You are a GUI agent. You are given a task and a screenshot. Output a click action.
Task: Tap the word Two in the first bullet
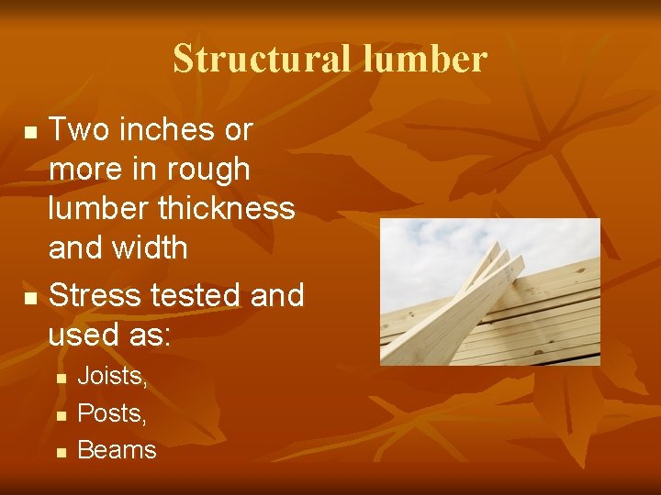77,130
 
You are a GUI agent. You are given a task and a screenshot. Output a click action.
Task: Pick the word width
153,247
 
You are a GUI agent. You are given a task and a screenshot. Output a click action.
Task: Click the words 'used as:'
109,335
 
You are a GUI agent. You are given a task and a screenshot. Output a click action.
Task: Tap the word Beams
117,450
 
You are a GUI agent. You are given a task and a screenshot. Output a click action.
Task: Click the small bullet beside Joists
60,378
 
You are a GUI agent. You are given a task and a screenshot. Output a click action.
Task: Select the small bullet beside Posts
60,415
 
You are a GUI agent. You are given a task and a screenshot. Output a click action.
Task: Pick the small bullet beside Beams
60,452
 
